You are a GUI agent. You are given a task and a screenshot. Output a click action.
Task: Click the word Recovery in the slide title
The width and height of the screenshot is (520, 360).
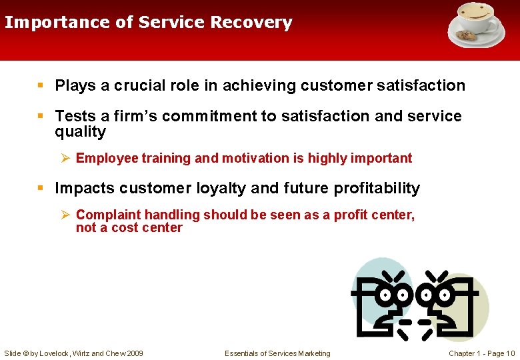[x=251, y=23]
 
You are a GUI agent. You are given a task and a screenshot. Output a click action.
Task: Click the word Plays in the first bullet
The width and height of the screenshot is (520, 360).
[x=75, y=85]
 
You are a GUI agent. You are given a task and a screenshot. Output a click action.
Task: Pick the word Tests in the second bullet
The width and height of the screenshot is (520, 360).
[x=74, y=116]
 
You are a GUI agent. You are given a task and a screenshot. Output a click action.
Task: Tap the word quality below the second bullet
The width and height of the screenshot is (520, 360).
[x=80, y=131]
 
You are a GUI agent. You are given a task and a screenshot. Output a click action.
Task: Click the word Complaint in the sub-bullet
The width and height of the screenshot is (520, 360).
[x=105, y=215]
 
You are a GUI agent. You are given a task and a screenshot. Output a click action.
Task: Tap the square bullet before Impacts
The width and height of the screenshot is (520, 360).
[x=41, y=189]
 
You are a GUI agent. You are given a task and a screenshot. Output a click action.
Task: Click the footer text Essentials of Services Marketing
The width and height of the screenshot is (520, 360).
[x=277, y=353]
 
